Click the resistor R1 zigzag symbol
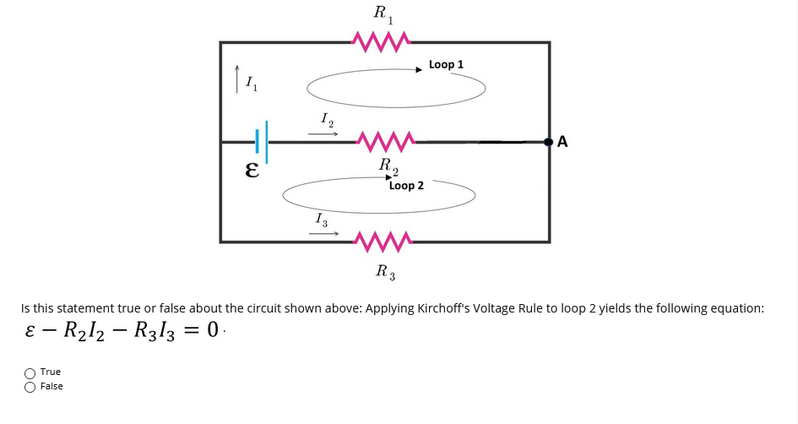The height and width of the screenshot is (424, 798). (x=383, y=40)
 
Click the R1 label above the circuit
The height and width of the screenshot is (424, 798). (x=383, y=14)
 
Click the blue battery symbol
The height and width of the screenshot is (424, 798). (x=262, y=141)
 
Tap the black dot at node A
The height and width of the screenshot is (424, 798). (x=549, y=142)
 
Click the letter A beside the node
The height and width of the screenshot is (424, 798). (x=563, y=142)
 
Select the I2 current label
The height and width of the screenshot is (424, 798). (x=327, y=120)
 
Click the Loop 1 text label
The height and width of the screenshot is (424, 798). (x=446, y=64)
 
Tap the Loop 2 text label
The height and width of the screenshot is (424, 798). (x=406, y=185)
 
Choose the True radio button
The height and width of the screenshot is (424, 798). (x=30, y=372)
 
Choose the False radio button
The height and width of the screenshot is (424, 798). (x=30, y=387)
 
